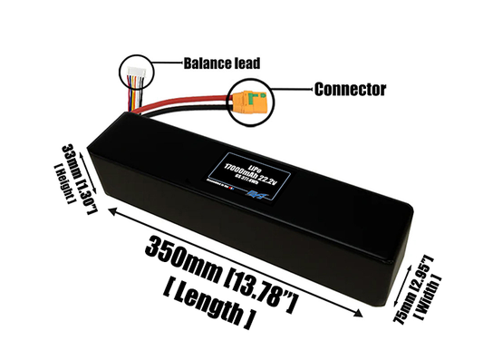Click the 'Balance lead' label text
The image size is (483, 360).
click(222, 63)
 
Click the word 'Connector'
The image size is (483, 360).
click(350, 90)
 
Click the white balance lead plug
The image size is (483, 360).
click(135, 72)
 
